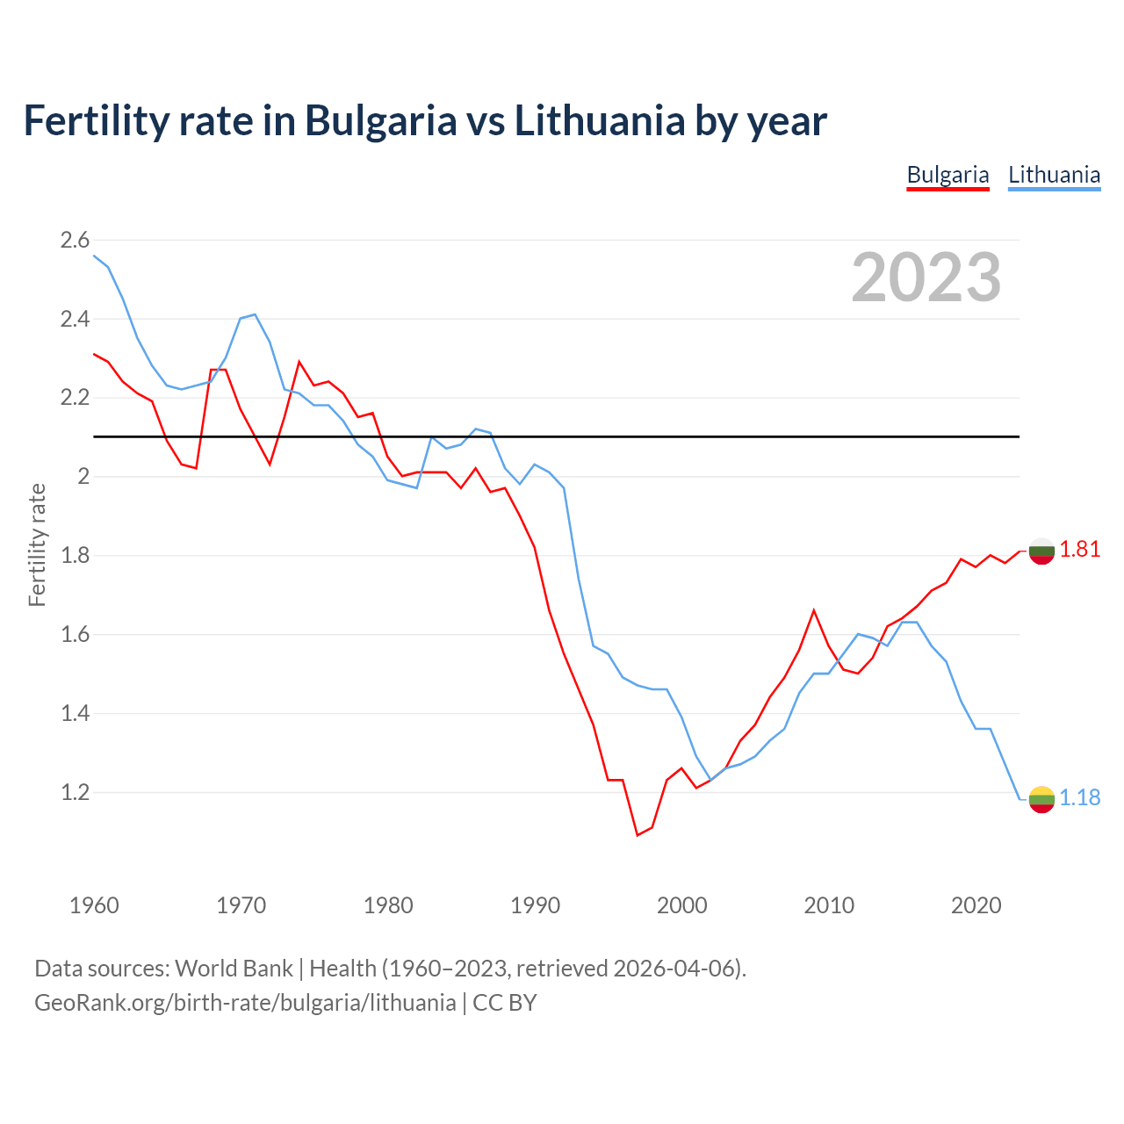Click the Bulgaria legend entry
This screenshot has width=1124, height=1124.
tap(947, 175)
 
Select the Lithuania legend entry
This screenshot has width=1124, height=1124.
tap(1054, 175)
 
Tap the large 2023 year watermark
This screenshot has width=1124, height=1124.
tap(926, 277)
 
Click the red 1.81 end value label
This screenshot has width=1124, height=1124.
tap(1079, 550)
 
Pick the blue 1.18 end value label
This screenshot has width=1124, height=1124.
tap(1079, 797)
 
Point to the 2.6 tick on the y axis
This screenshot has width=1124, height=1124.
tap(75, 240)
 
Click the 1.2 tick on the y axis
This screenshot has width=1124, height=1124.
tap(75, 792)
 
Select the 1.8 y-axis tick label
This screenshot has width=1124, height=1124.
tap(75, 555)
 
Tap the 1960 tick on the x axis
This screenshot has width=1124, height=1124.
tap(94, 905)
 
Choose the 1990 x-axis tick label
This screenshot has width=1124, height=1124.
tap(535, 905)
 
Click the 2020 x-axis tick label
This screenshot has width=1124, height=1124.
tap(976, 905)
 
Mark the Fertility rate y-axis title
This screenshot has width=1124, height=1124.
tap(37, 544)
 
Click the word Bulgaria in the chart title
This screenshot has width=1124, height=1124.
tap(380, 120)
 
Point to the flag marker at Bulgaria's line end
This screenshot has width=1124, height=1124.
tap(1041, 551)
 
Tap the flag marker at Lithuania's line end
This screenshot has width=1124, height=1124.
tap(1041, 799)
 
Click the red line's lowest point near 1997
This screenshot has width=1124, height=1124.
tap(638, 835)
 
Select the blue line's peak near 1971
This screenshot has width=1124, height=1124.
tap(255, 314)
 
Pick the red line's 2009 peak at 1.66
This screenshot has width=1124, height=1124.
tap(814, 610)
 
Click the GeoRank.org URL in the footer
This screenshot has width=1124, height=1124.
tap(245, 1003)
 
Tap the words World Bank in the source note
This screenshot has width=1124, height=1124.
tap(234, 969)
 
